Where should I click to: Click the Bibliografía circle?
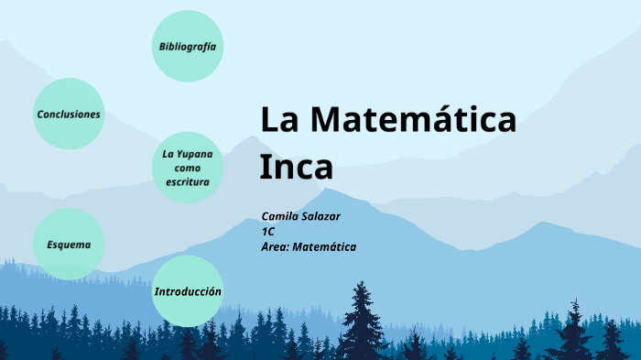(x=188, y=46)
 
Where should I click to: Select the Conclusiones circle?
(x=69, y=115)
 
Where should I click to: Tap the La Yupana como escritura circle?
(x=188, y=168)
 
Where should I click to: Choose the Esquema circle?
(x=69, y=245)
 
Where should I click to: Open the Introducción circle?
(x=188, y=291)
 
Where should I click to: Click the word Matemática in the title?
(x=413, y=120)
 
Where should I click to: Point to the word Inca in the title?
(x=296, y=167)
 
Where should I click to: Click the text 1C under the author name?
(x=267, y=231)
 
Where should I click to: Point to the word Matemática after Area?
(x=324, y=247)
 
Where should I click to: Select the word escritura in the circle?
(x=188, y=182)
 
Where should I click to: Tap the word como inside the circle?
(x=188, y=168)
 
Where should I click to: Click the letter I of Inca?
(x=265, y=167)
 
